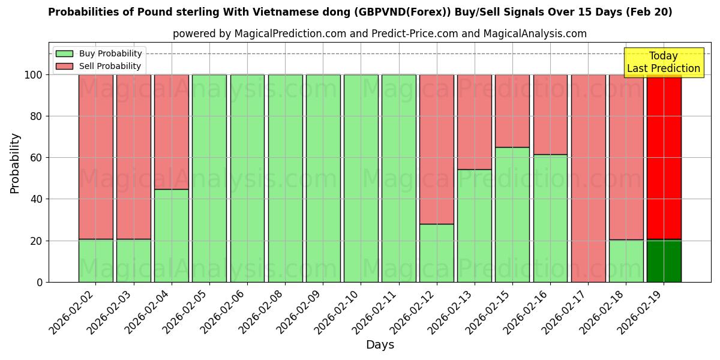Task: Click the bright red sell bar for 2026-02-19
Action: (664, 156)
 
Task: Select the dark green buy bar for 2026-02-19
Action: (664, 261)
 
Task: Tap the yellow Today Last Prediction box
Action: (663, 62)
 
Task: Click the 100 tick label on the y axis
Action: (34, 75)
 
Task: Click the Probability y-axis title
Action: (15, 163)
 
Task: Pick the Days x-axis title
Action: (380, 345)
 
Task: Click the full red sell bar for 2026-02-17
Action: (588, 178)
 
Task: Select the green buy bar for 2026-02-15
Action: (512, 214)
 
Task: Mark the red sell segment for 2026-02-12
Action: (436, 149)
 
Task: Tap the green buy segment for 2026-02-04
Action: (171, 235)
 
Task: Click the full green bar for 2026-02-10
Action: (361, 178)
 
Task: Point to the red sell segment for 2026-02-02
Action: (95, 157)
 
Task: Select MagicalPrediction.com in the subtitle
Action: (288, 34)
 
